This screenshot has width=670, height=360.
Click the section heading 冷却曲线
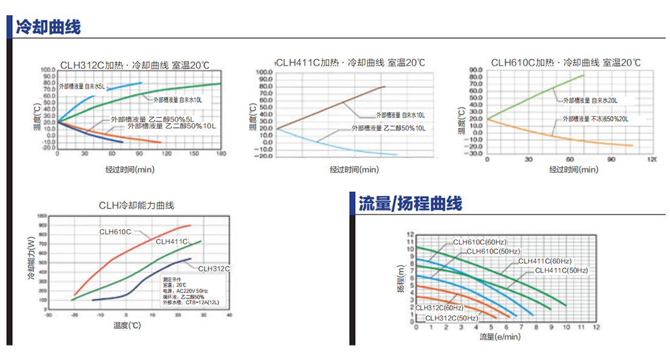(x=48, y=27)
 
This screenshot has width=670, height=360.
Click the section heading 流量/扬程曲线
(x=409, y=203)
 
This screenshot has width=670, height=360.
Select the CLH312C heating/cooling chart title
(x=134, y=65)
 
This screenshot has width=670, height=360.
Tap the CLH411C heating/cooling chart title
(x=350, y=63)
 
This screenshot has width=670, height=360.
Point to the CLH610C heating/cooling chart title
(x=565, y=63)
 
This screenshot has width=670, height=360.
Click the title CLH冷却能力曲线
(x=136, y=205)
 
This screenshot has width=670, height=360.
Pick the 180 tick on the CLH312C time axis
(x=219, y=154)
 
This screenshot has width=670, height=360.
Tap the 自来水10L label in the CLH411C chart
(x=400, y=115)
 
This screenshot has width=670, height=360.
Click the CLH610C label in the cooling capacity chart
(x=116, y=231)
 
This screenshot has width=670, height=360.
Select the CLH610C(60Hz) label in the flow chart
(x=479, y=242)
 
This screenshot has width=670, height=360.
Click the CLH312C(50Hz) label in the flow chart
(x=451, y=317)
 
